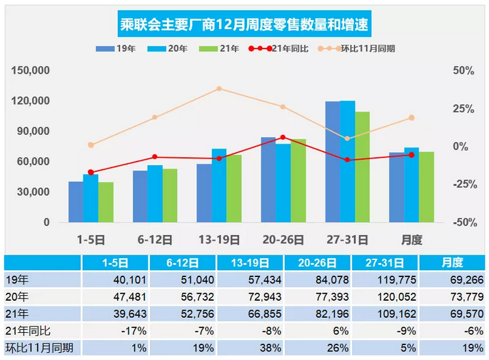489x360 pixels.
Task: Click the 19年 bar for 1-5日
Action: [x=76, y=201]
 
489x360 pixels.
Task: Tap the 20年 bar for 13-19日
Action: [x=219, y=185]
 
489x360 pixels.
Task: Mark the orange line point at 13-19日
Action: [x=219, y=89]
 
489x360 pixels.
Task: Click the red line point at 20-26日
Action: [x=283, y=137]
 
